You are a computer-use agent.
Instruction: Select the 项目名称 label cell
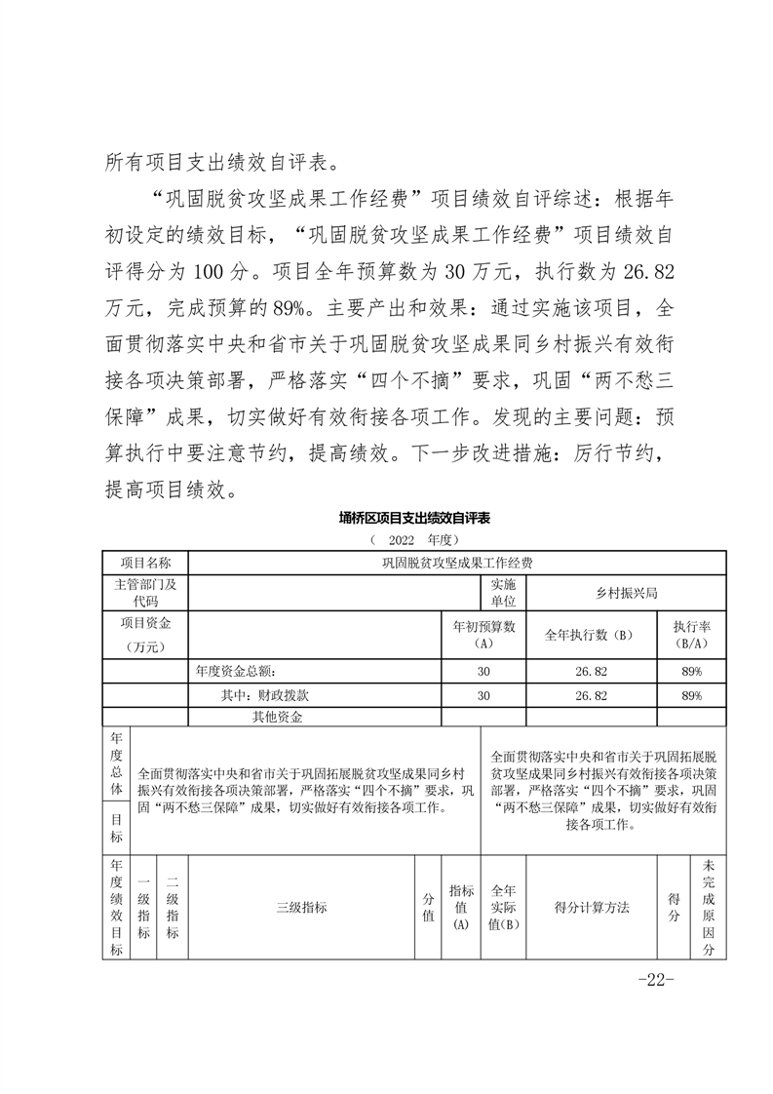point(145,563)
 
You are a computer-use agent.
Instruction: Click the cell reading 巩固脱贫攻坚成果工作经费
point(457,563)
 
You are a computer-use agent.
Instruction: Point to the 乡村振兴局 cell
point(626,592)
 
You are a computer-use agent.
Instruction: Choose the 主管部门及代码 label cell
point(145,592)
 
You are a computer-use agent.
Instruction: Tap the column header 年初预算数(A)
point(483,635)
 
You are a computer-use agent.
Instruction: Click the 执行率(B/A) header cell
point(691,635)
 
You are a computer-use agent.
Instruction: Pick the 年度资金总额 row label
point(236,671)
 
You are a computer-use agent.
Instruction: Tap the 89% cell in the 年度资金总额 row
point(691,671)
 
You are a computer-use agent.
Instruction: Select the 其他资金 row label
point(277,718)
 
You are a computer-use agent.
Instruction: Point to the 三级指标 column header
point(301,907)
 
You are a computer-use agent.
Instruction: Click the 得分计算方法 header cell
point(592,907)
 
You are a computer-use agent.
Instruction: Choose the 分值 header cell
point(428,907)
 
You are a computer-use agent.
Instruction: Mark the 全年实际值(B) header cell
point(503,907)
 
